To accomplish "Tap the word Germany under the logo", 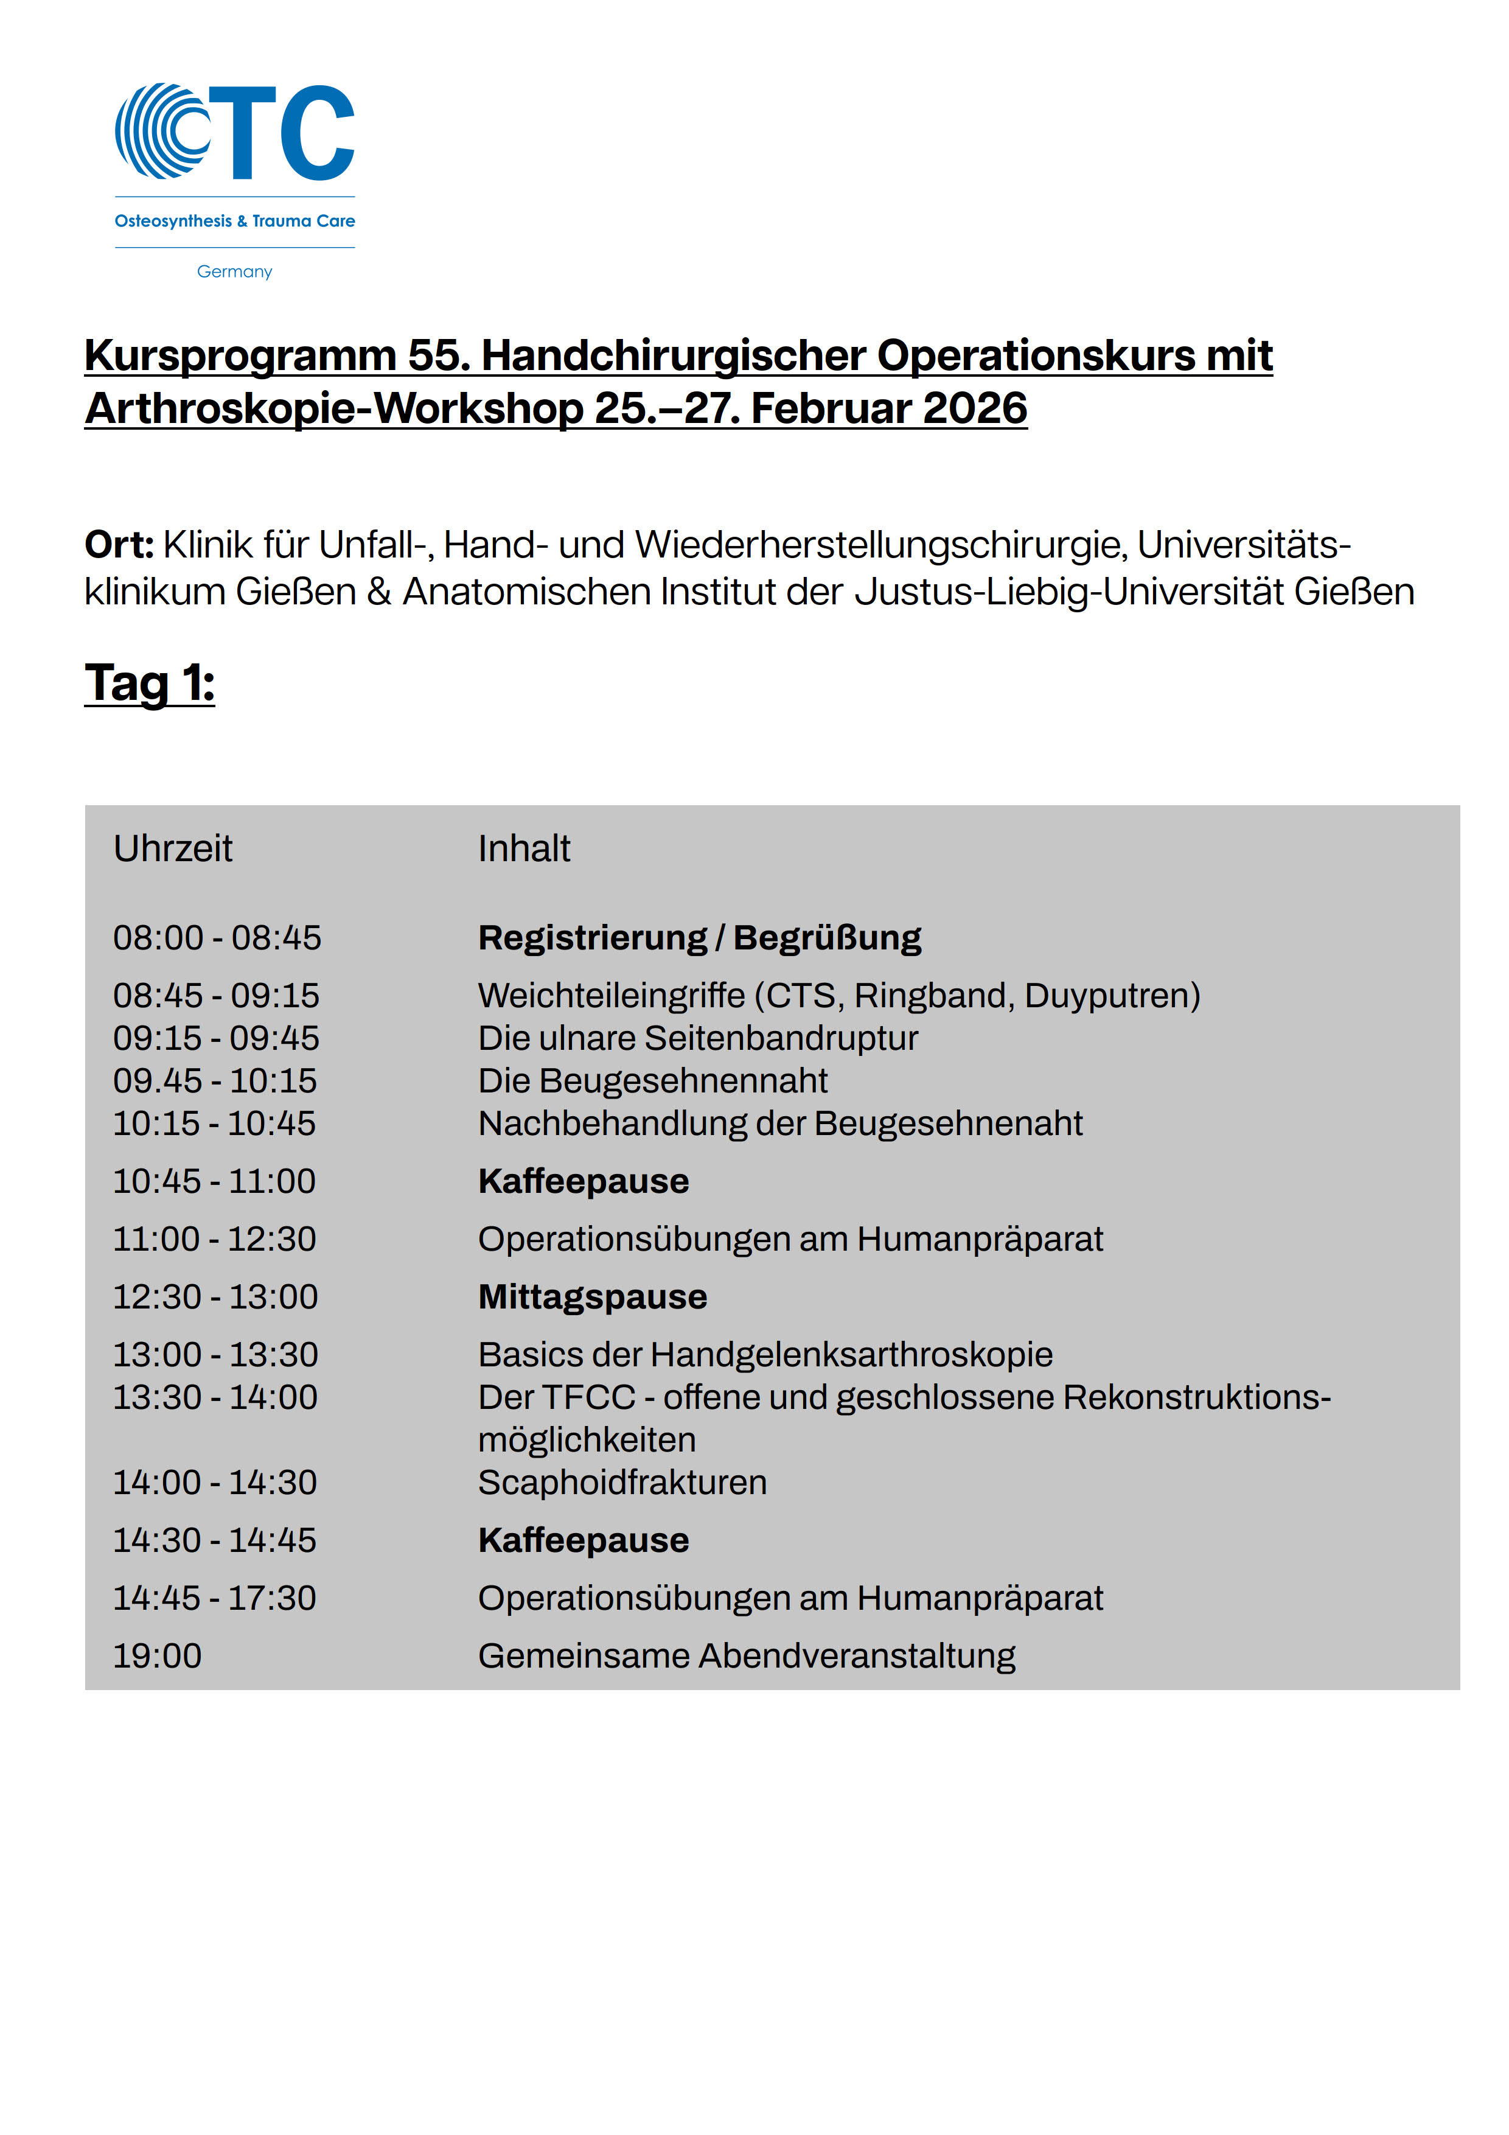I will point(234,271).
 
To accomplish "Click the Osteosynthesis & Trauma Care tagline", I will point(234,222).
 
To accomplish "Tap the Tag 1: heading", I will point(150,683).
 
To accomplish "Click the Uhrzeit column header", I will point(173,849).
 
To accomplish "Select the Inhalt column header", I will point(523,849).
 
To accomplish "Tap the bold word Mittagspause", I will point(592,1297).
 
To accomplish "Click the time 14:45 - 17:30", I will point(215,1598).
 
